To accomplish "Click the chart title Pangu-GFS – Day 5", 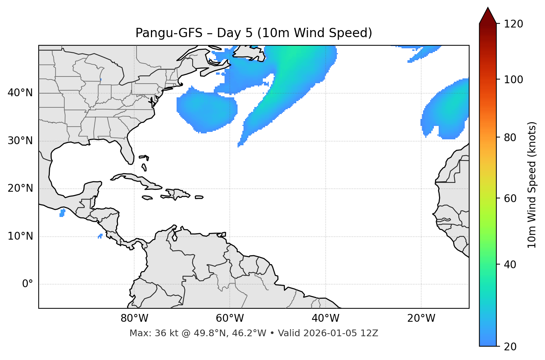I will coord(254,33).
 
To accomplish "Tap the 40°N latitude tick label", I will coord(20,93).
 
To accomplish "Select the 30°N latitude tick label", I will coord(20,141).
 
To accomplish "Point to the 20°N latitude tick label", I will coord(20,188).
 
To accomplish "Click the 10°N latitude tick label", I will coord(20,236).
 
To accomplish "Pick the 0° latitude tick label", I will coord(28,284).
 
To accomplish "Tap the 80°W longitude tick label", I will coord(134,318).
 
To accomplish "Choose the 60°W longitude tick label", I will coord(230,318).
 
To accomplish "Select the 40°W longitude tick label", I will coord(325,318).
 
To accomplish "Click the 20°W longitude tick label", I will coord(421,318).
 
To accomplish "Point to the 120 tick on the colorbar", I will coord(513,24).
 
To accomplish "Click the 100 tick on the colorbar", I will coord(513,80).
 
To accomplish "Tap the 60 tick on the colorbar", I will coord(510,198).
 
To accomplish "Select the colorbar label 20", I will coord(510,347).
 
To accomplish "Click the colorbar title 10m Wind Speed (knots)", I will coord(532,185).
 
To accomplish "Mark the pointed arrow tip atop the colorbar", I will coord(488,8).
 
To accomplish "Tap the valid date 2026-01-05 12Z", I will coord(341,333).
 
